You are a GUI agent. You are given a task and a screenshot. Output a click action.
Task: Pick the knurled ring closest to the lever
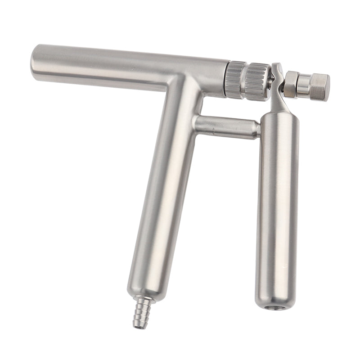[x=258, y=81]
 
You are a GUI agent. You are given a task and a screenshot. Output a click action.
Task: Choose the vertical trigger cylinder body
[x=278, y=202]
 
